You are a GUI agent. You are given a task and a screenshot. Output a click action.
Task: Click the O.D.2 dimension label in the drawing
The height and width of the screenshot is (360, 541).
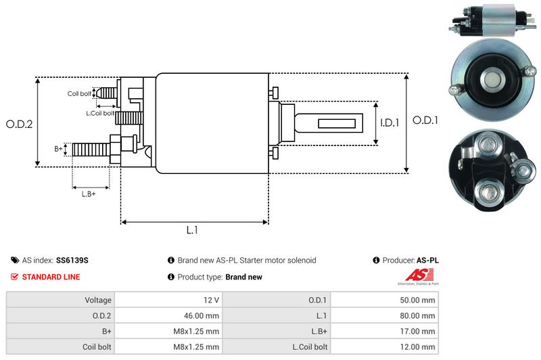(20, 124)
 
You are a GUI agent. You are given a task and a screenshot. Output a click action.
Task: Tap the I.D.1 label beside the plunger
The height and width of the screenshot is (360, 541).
(390, 123)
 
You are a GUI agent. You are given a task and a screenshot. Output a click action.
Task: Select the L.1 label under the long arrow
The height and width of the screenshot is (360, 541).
(192, 230)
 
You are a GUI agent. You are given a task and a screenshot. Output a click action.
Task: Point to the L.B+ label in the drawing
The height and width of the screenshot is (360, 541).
(89, 195)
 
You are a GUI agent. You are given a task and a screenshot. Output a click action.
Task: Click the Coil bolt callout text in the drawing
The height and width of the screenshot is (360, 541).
(79, 93)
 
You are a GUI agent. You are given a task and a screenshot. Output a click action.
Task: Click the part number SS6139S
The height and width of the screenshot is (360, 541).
(72, 261)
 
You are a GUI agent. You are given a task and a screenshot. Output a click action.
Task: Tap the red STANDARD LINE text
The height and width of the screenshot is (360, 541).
(51, 277)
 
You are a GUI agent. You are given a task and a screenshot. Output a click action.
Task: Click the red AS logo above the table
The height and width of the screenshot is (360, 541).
(412, 275)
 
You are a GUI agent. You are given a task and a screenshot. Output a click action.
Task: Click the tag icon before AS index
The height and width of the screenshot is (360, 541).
(15, 261)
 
